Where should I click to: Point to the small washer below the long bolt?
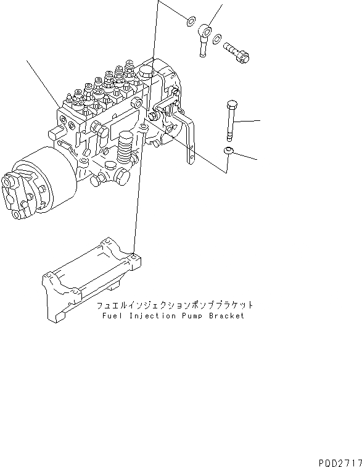click(x=228, y=152)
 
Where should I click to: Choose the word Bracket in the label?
click(x=225, y=316)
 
